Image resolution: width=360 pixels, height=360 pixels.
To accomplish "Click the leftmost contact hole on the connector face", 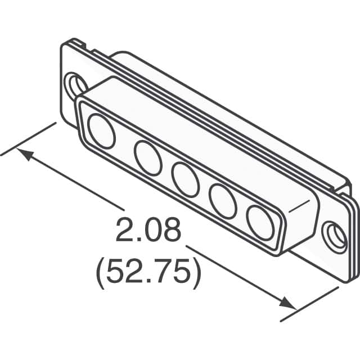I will coord(102,133).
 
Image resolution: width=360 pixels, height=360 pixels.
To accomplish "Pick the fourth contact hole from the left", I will coord(222,199).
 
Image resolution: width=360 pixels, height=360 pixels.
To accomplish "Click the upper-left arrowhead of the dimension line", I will coord(25,154).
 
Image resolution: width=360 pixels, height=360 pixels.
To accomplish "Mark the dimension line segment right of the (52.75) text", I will coord(236,274).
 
